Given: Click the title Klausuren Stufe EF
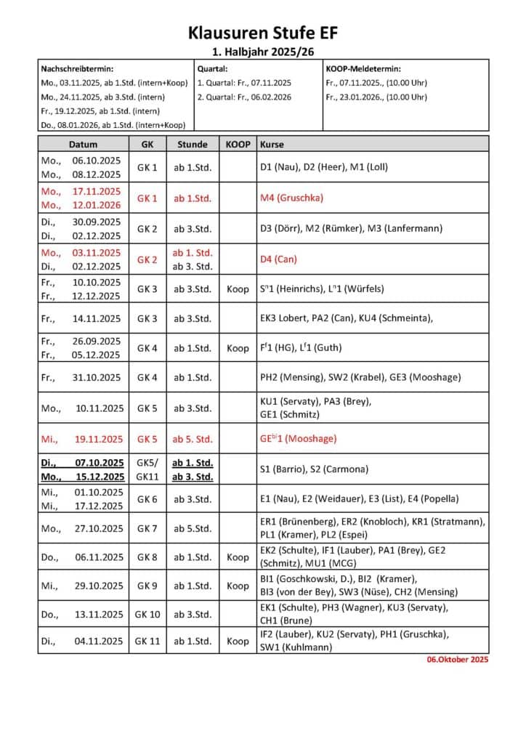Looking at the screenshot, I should click(263, 33).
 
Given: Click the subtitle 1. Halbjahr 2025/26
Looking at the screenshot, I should click(263, 52).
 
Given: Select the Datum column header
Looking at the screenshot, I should click(83, 144).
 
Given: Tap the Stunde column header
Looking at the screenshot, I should click(193, 144).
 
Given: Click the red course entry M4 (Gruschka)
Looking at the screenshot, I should click(291, 198).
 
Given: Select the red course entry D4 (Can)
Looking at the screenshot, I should click(278, 259).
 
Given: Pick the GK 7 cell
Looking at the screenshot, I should click(147, 528).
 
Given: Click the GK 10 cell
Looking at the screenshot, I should click(147, 614).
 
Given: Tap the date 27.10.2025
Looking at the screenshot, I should click(99, 528).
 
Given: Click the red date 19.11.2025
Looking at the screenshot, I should click(99, 439).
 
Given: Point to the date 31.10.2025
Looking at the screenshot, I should click(99, 377).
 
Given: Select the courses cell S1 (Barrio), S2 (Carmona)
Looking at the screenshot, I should click(314, 469).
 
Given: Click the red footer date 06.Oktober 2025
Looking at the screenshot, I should click(458, 660).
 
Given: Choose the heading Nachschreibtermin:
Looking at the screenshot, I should click(77, 68).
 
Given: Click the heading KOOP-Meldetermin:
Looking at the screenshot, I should click(363, 68).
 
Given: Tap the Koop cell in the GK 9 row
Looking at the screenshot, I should click(238, 586).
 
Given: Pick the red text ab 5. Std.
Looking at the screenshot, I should click(193, 439).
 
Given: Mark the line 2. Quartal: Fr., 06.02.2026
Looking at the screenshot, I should click(244, 97).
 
